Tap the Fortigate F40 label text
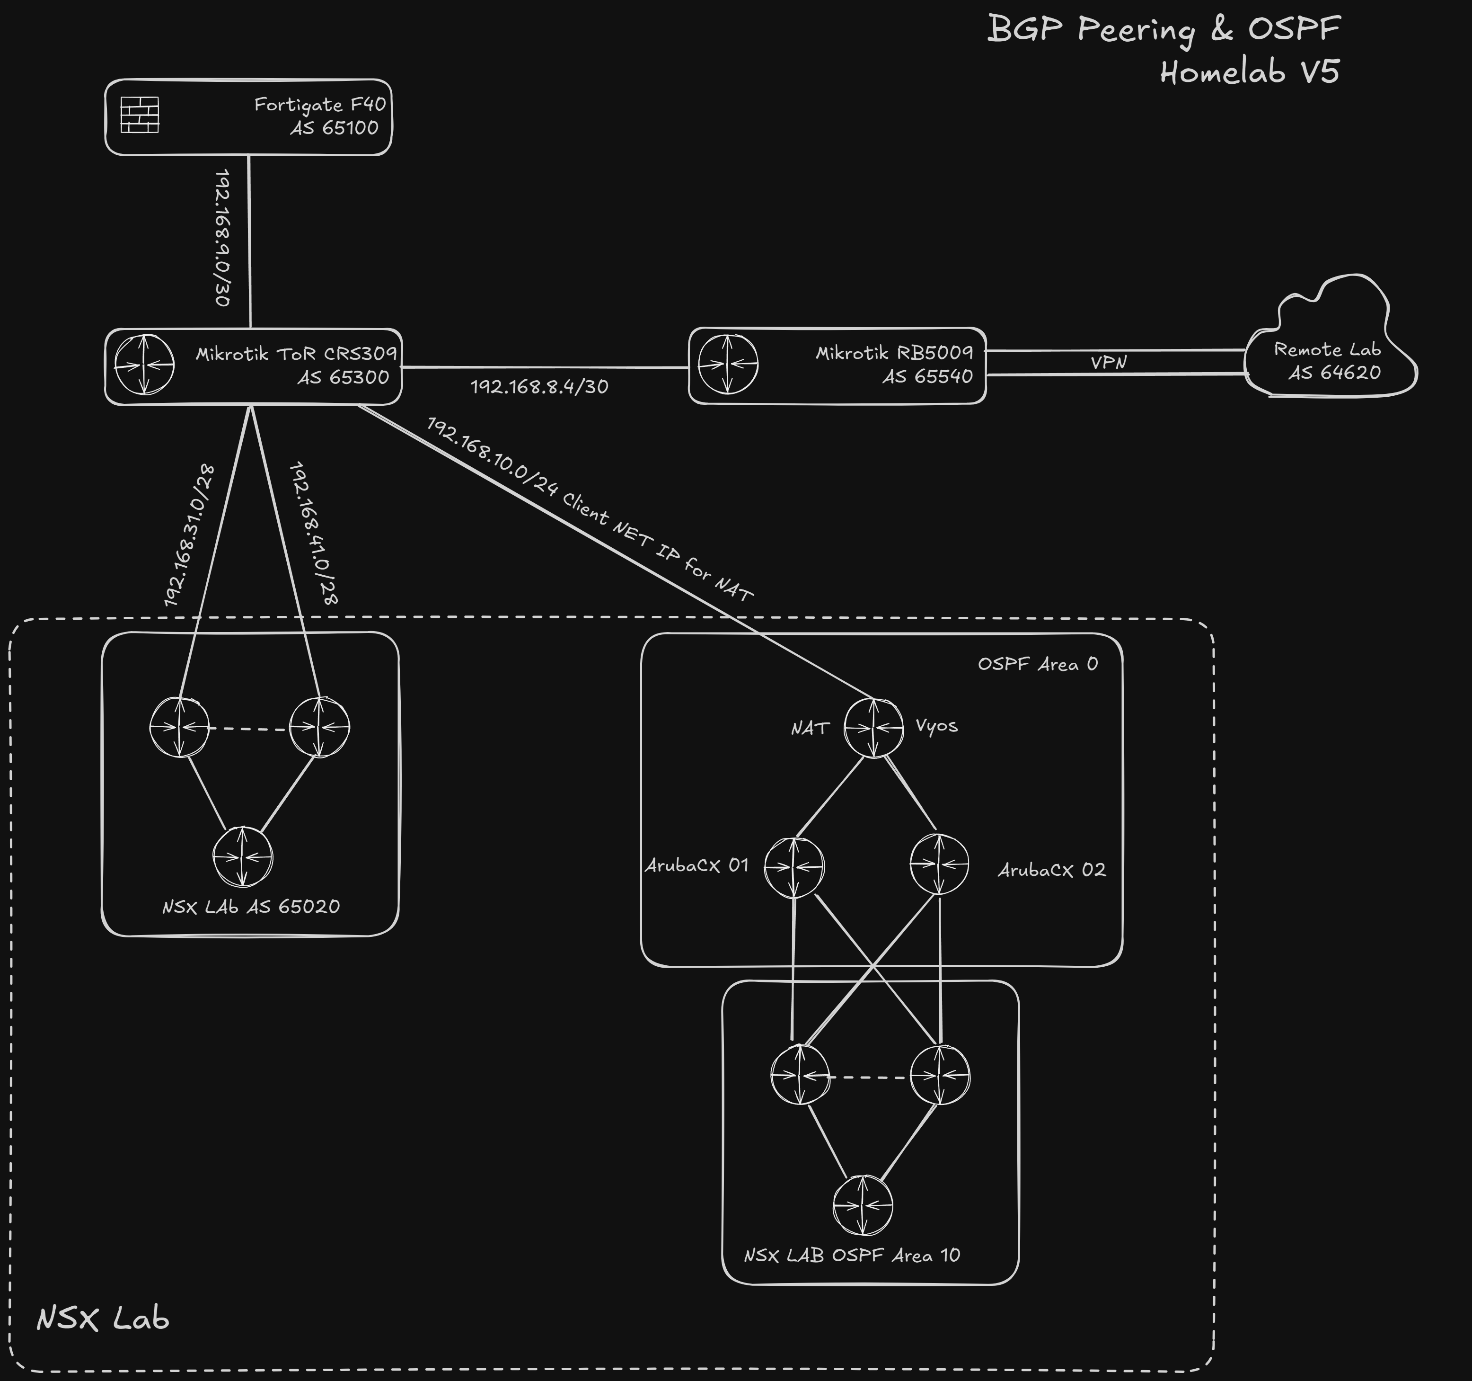tap(320, 105)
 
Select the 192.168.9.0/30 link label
tap(221, 237)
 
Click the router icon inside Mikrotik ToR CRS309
tap(144, 365)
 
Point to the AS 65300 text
tap(344, 378)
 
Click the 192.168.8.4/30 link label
tap(539, 387)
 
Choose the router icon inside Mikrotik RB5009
tap(728, 365)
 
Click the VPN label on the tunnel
tap(1109, 362)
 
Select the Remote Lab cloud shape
tap(1329, 341)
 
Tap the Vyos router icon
tap(874, 728)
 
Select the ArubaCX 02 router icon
tap(939, 864)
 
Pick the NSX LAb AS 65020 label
tap(251, 907)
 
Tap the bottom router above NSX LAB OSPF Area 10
tap(863, 1205)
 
